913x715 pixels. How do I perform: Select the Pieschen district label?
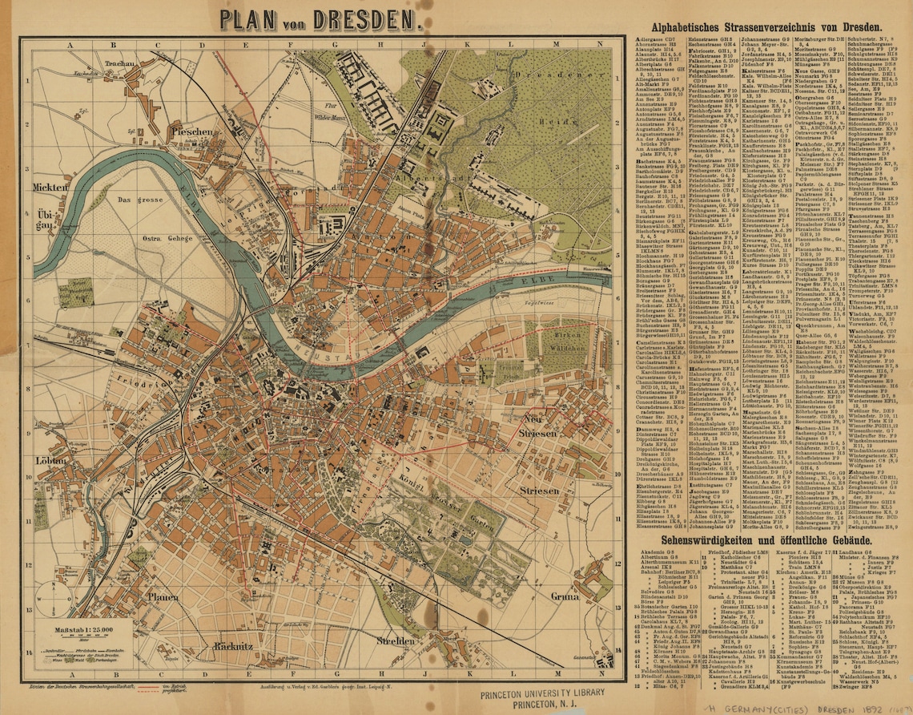[192, 131]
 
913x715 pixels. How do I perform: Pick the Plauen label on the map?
[163, 596]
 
